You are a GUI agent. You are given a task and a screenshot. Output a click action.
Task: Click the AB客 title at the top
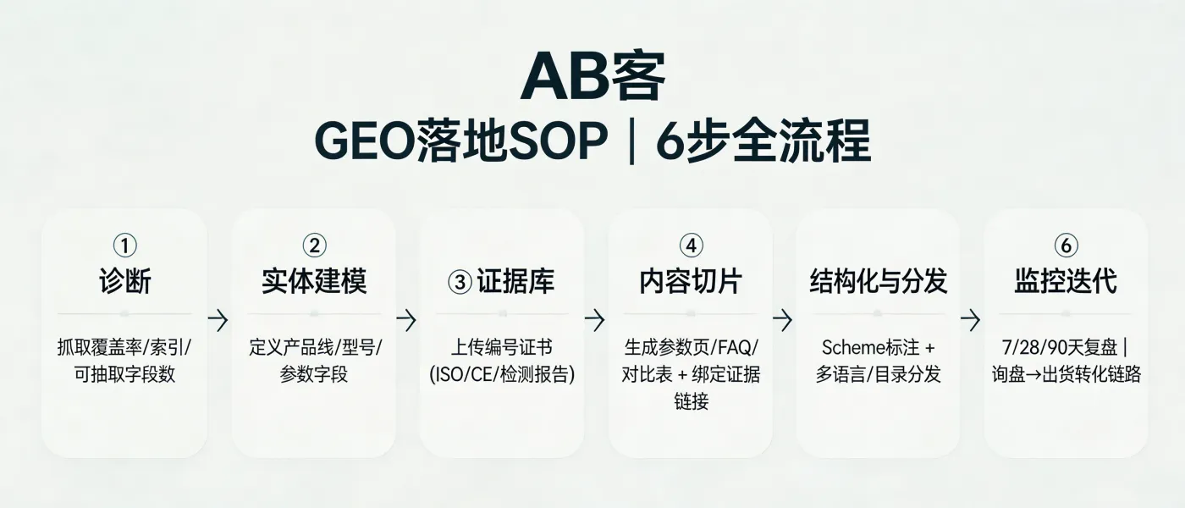click(592, 78)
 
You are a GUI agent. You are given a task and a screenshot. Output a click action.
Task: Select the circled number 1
click(124, 246)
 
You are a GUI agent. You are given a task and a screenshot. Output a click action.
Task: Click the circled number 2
click(313, 246)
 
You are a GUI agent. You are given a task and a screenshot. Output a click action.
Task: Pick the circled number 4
click(691, 246)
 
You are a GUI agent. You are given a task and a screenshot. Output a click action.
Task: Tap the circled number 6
click(1066, 246)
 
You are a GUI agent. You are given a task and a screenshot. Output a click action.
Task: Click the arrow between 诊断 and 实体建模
click(219, 320)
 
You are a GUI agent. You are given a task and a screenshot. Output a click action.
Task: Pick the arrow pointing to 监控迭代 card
click(971, 320)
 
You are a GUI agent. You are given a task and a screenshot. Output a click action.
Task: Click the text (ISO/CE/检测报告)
click(502, 373)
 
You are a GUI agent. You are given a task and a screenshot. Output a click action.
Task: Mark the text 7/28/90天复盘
click(1058, 347)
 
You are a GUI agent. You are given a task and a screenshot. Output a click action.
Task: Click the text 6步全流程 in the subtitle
click(763, 142)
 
